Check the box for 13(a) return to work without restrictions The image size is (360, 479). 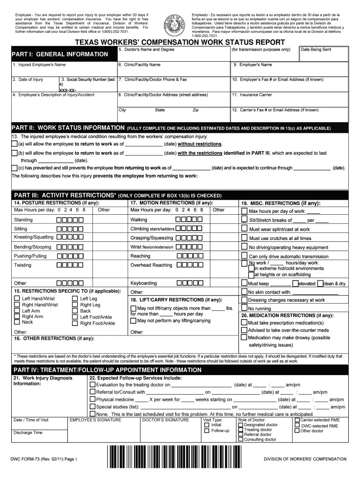coord(14,144)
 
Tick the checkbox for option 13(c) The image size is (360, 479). coord(14,168)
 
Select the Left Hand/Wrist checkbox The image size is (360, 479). coord(17,299)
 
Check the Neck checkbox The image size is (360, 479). coord(17,322)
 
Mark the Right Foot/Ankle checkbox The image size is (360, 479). coord(75,323)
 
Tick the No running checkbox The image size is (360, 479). coord(244,308)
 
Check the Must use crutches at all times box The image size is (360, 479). coord(244,238)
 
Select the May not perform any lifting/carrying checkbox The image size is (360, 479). coord(133,321)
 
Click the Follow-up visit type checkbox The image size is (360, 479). coord(207,430)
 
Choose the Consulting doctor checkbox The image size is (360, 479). coord(241,440)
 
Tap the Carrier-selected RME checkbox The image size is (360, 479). coord(296,420)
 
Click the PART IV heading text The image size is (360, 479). coord(107,370)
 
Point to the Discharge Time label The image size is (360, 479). coord(28,433)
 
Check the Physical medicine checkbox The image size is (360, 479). coord(92,399)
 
